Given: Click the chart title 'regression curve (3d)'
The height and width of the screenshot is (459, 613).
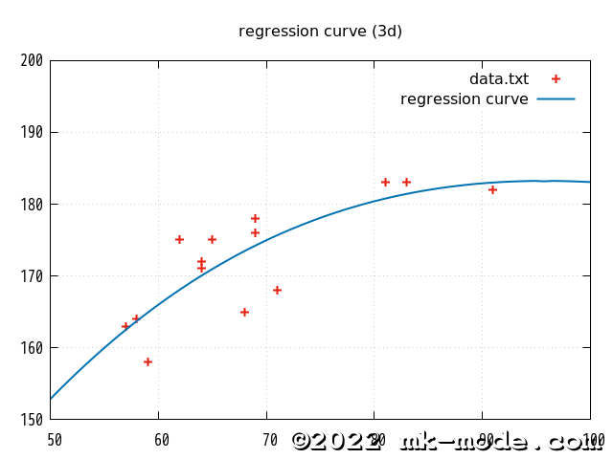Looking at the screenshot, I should click(x=320, y=32).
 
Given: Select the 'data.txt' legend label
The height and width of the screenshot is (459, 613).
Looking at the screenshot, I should click(x=498, y=79).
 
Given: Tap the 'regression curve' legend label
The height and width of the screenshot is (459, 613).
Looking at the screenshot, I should click(x=464, y=99).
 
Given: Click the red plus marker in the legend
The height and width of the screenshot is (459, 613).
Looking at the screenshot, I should click(x=556, y=79).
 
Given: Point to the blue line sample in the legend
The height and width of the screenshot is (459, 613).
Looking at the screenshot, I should click(x=556, y=99).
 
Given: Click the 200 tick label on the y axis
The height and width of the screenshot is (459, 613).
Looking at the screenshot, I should click(x=32, y=61).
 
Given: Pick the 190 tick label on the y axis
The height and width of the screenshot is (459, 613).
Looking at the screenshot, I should click(x=32, y=133).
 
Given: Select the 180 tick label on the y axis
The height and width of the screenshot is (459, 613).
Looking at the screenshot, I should click(x=32, y=205).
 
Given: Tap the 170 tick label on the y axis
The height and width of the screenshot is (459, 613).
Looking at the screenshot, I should click(x=32, y=276).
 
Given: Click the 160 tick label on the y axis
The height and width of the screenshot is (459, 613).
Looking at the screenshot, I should click(x=32, y=348).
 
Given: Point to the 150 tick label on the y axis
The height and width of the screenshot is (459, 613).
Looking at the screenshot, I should click(x=32, y=420).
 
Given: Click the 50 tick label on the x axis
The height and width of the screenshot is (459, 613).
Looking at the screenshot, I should click(x=55, y=440).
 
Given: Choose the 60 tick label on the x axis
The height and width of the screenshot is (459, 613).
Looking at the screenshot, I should click(x=162, y=440).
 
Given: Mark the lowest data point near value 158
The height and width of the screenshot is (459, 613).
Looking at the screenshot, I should click(x=148, y=361).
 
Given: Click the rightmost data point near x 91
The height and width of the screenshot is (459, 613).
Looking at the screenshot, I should click(x=492, y=189).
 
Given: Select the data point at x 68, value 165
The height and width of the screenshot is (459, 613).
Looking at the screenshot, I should click(x=244, y=312).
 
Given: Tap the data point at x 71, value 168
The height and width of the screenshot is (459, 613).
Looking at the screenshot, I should click(x=277, y=290).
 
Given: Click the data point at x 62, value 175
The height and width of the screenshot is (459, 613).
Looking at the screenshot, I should click(x=179, y=239).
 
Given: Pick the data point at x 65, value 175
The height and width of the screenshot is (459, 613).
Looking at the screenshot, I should click(x=212, y=239).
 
